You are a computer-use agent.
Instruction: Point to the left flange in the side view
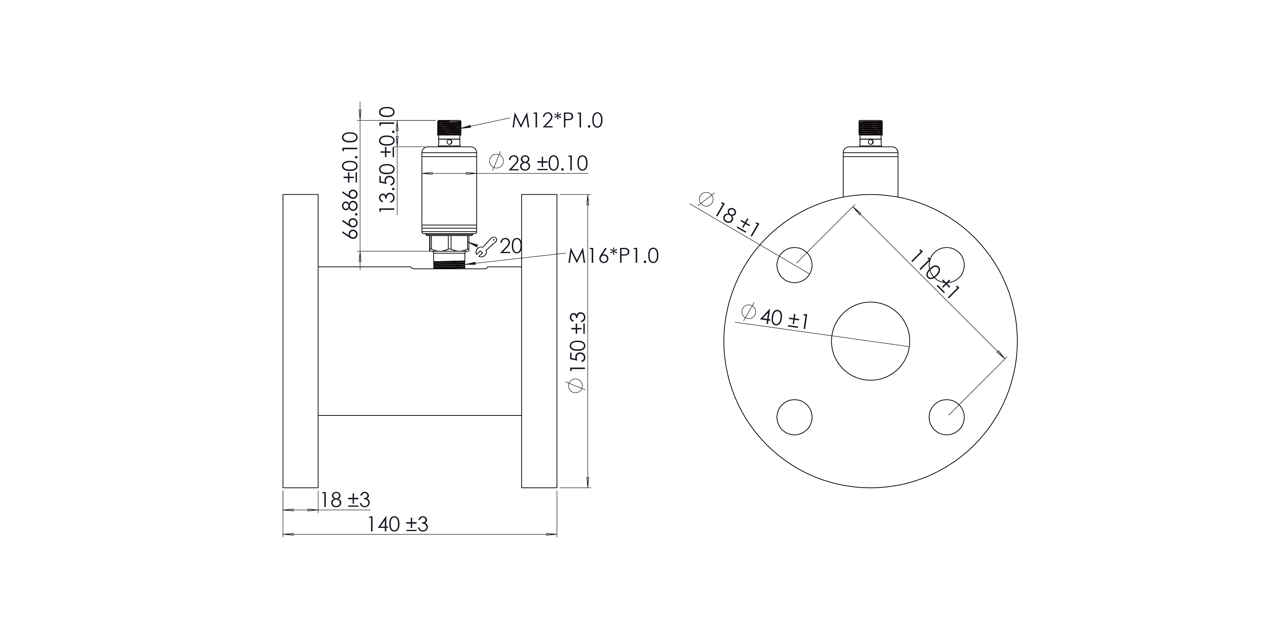point(301,341)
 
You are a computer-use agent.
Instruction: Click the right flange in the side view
point(539,341)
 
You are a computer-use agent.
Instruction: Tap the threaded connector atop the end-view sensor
point(870,129)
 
